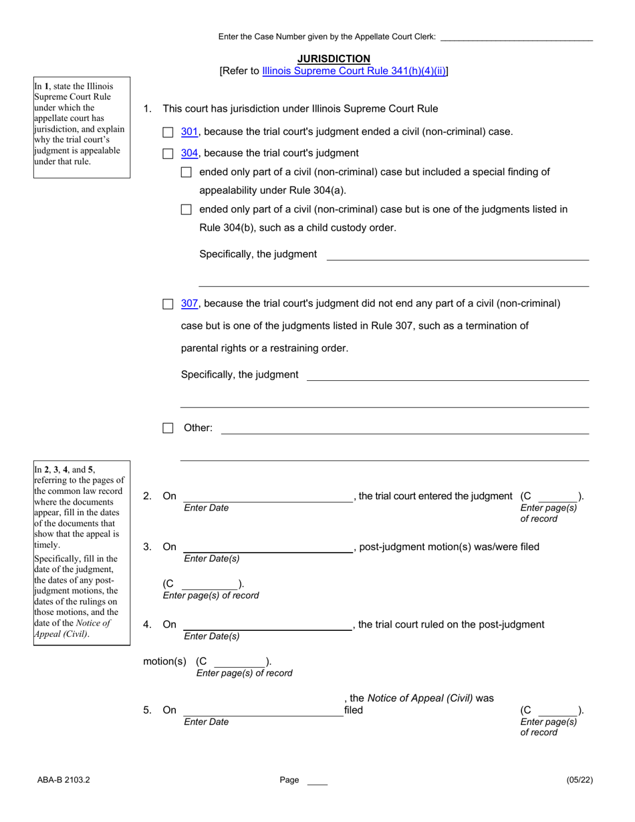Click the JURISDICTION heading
click(x=334, y=59)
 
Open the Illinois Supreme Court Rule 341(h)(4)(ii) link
click(x=354, y=71)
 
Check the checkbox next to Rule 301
click(x=168, y=132)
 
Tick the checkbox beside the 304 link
click(x=168, y=154)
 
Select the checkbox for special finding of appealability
click(x=186, y=172)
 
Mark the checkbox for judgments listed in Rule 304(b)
click(x=186, y=210)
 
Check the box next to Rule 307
click(x=168, y=304)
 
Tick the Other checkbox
click(x=168, y=428)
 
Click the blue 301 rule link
click(x=190, y=132)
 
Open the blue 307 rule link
click(x=190, y=303)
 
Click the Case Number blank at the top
click(x=516, y=37)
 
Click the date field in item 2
click(x=267, y=496)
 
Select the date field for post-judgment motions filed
click(x=267, y=547)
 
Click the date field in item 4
click(x=267, y=624)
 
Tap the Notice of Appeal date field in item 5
click(x=262, y=710)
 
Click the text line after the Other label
click(x=404, y=428)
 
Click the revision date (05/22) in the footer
click(x=580, y=780)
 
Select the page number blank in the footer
click(x=317, y=780)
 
